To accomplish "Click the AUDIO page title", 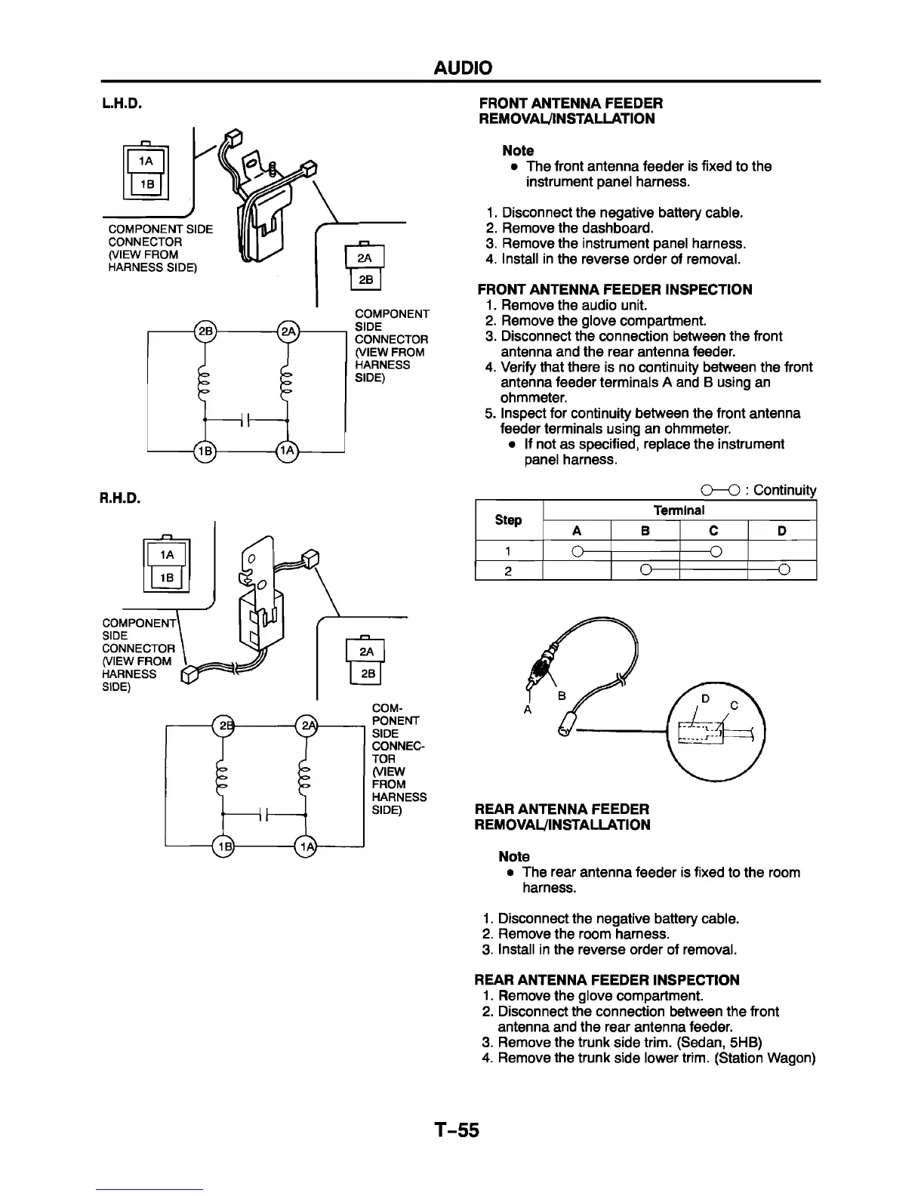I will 462,68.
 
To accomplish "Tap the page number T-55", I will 456,1130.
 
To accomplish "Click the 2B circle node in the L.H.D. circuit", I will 205,331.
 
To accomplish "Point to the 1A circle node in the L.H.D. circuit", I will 288,451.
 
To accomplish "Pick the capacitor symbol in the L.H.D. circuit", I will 245,420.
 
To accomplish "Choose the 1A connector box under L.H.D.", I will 147,161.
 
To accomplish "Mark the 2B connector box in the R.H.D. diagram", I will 365,674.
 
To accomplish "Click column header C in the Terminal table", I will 713,531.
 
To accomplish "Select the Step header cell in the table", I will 508,519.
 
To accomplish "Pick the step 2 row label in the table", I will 508,570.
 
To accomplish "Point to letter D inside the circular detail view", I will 705,699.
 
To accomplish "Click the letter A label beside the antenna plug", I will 527,710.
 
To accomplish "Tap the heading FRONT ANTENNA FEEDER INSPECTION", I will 614,289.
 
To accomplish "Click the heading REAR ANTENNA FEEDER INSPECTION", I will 607,980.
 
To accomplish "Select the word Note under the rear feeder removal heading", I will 514,856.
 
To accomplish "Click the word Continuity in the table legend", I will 784,490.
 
